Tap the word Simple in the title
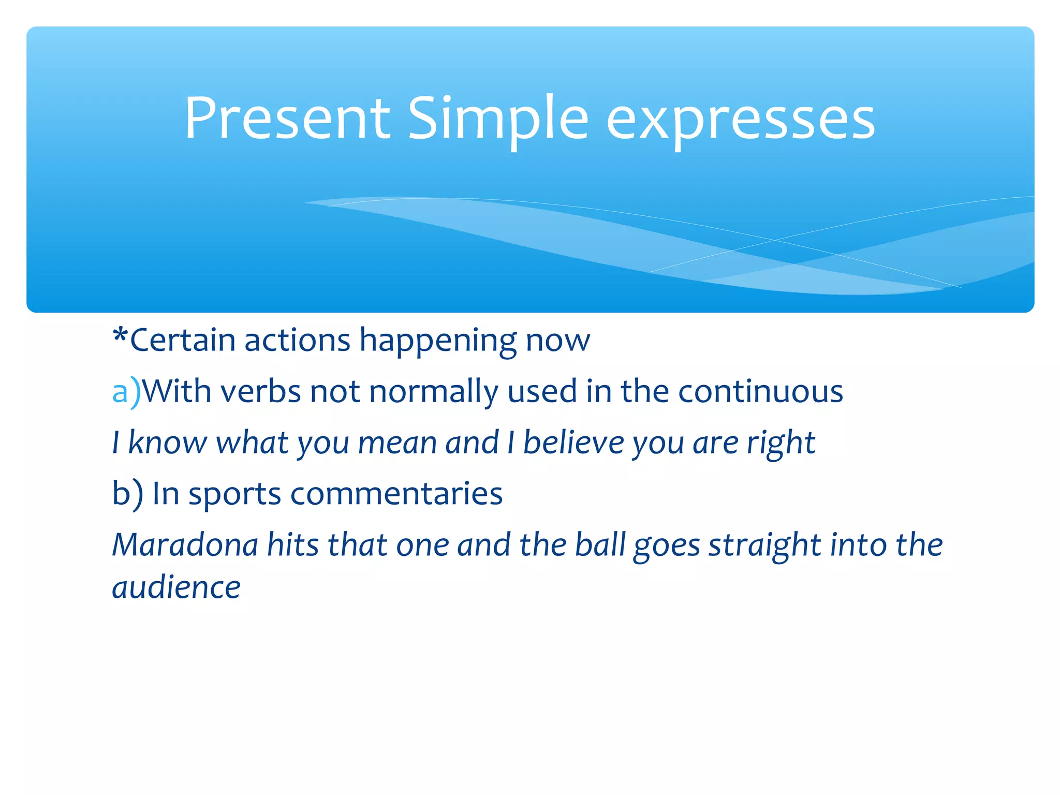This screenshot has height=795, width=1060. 498,119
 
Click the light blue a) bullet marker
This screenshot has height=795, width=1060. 126,392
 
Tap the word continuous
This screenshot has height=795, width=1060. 760,392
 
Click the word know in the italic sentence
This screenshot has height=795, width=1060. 167,443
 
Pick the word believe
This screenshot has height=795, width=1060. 573,443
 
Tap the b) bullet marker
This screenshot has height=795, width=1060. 127,494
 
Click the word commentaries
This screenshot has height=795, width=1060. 396,494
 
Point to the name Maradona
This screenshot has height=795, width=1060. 185,545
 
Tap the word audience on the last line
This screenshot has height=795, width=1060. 176,588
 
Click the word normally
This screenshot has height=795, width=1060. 433,392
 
